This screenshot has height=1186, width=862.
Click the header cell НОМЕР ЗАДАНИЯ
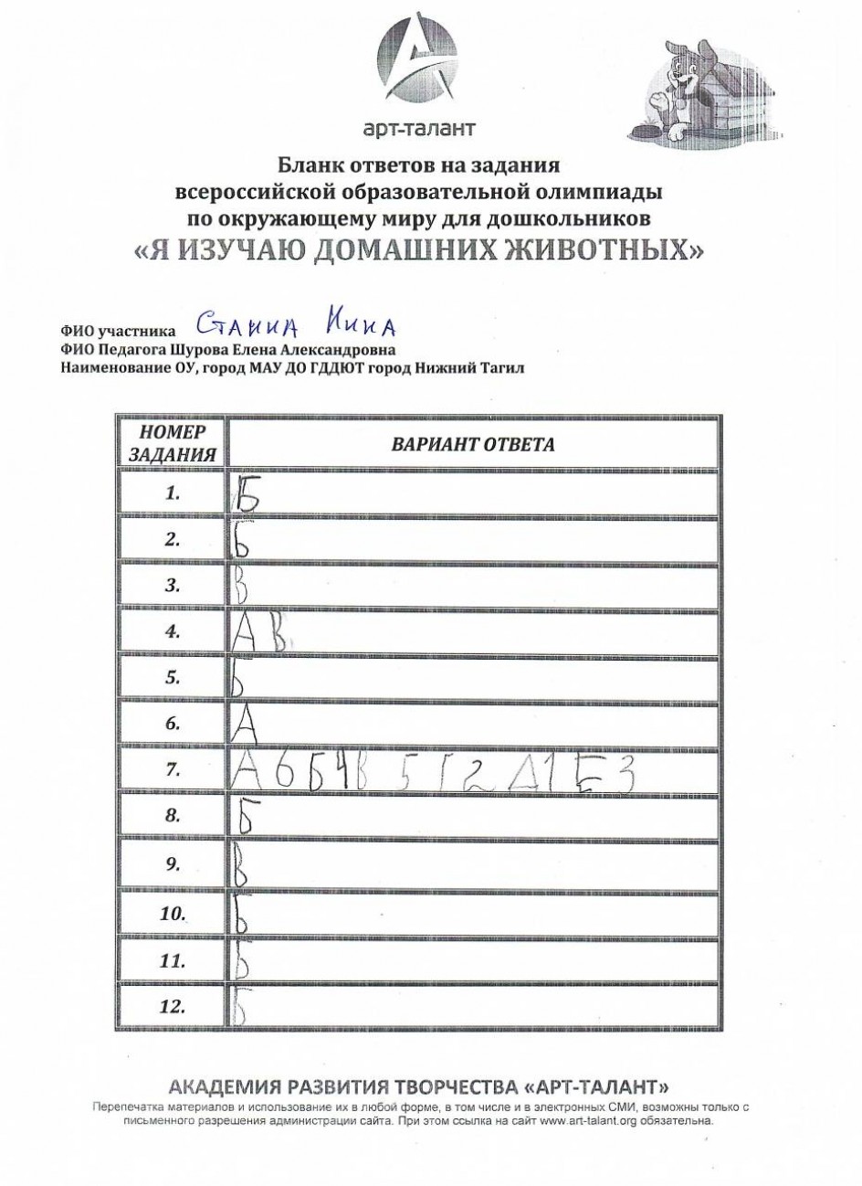171,442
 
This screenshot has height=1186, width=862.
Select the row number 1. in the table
173,493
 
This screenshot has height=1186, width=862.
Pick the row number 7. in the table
173,771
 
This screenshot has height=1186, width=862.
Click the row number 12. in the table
173,1008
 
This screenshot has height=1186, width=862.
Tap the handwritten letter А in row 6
248,725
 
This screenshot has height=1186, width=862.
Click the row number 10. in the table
173,914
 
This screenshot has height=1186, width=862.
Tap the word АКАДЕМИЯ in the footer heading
222,1087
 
